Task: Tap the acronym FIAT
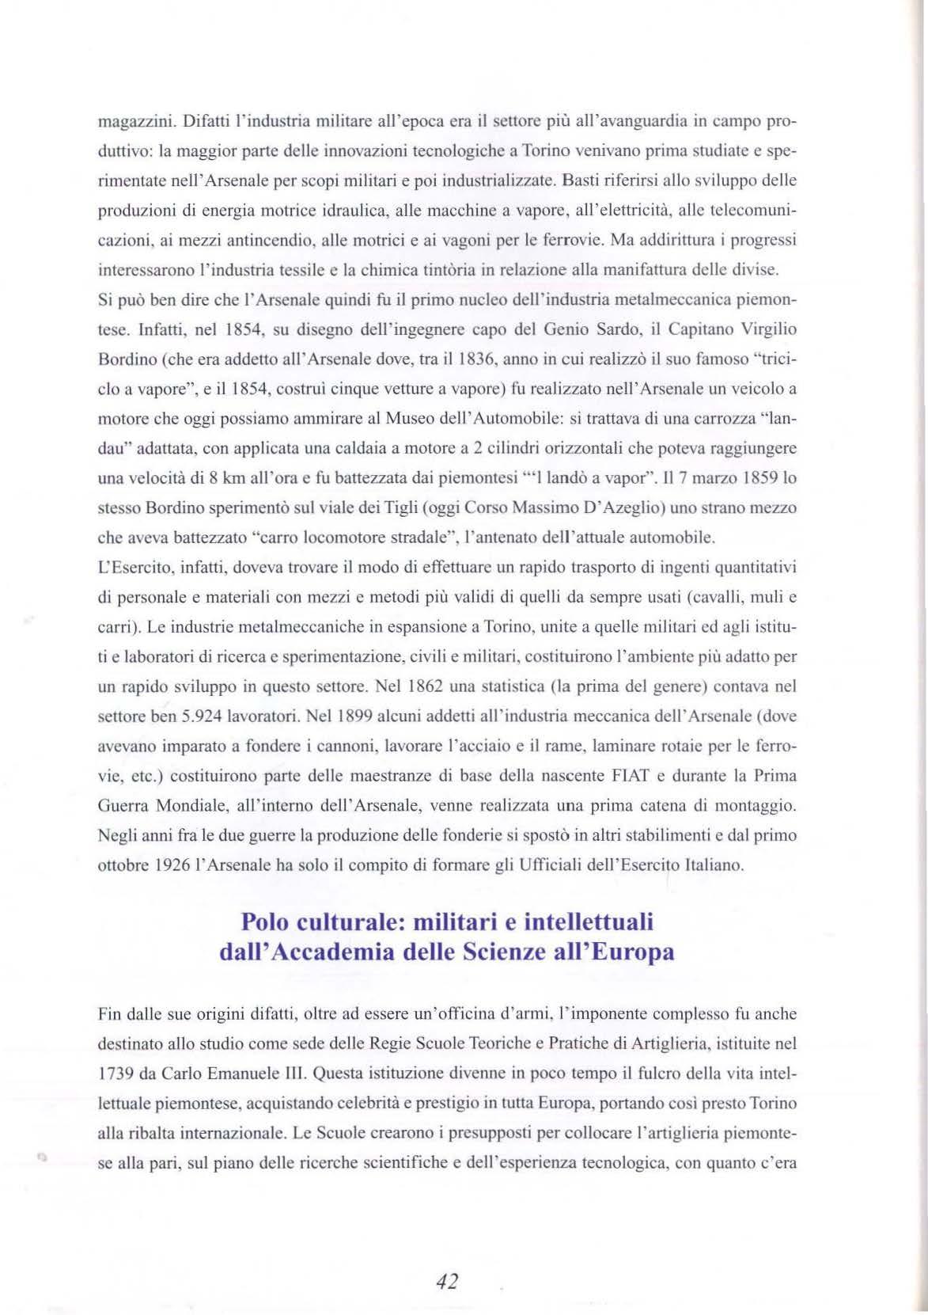tap(629, 774)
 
